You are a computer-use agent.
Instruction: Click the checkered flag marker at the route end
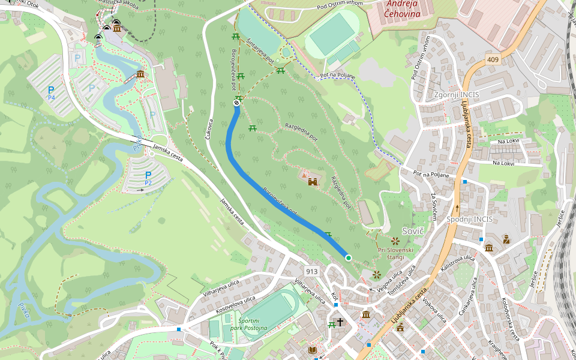[237, 103]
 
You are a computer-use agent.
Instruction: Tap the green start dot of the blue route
[348, 258]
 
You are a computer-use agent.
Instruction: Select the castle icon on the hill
[312, 181]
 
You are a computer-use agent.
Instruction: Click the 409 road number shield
[493, 59]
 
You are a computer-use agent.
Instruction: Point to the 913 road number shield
[311, 271]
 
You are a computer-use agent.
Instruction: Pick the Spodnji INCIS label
[469, 219]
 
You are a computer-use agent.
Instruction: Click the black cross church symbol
[340, 322]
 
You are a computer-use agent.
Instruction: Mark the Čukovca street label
[209, 129]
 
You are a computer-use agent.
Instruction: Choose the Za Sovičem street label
[434, 203]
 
